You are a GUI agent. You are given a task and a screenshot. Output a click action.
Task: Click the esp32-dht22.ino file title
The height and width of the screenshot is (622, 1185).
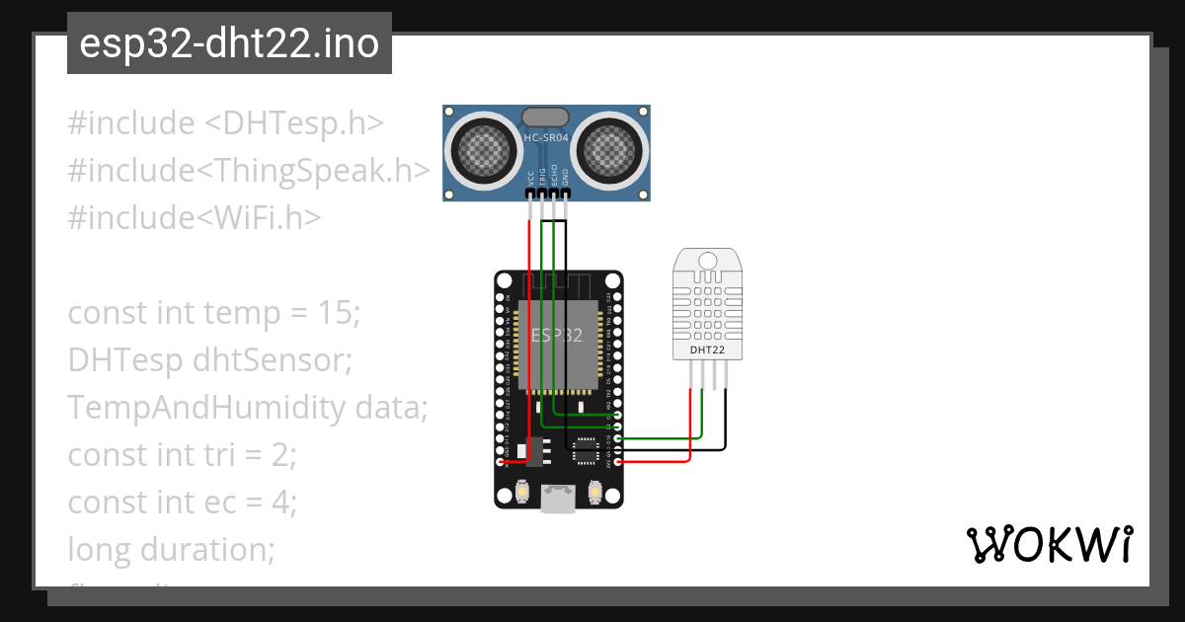click(229, 44)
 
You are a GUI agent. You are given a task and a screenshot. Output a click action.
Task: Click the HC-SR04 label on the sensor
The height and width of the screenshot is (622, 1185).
click(546, 138)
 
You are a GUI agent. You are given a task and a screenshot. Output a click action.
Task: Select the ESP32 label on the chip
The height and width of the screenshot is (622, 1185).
click(559, 336)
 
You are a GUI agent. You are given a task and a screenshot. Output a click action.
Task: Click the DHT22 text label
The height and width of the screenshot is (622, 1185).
click(707, 350)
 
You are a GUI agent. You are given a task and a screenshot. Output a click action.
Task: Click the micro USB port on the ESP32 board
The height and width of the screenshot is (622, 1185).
click(559, 501)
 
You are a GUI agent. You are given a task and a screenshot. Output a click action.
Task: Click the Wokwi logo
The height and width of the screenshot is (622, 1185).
click(1048, 545)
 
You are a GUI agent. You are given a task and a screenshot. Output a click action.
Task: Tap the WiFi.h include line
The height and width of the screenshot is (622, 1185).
click(194, 218)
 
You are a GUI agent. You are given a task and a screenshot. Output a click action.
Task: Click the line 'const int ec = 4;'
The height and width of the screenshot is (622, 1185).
click(182, 503)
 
